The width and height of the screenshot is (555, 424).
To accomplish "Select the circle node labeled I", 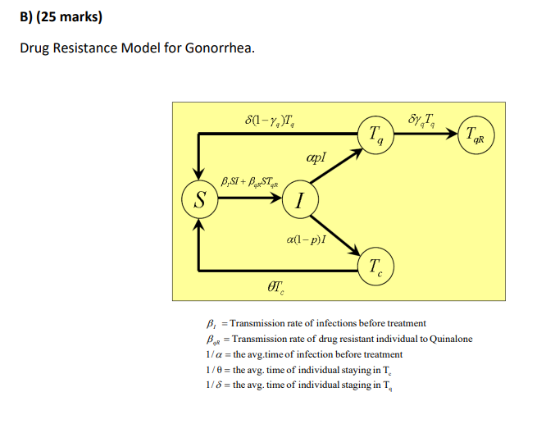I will pos(300,199).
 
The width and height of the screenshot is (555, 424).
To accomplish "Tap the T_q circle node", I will pos(375,134).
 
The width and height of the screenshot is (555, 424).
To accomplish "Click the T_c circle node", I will pos(375,266).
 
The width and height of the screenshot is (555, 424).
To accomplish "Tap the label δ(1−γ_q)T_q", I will pos(271,123).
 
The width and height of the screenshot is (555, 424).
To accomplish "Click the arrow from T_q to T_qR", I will pos(426,134).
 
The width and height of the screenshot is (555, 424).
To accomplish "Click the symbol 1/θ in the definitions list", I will pos(215,370).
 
